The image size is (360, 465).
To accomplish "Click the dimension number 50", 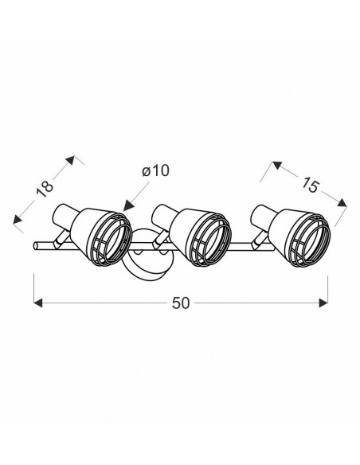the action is (181, 303).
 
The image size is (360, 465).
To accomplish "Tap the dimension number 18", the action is (44, 189).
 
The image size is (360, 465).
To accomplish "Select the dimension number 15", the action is (310, 186).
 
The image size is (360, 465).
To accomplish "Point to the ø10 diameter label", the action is (155, 171).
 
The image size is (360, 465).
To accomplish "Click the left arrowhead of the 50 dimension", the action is (38, 303).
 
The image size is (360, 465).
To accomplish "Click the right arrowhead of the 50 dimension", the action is (323, 303).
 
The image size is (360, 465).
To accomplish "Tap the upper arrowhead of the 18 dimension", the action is (71, 160).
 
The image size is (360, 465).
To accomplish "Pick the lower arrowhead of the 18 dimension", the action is (18, 219).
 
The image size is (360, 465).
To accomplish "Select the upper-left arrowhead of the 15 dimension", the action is (276, 165).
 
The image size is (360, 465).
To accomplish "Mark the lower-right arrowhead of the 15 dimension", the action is (342, 203).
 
